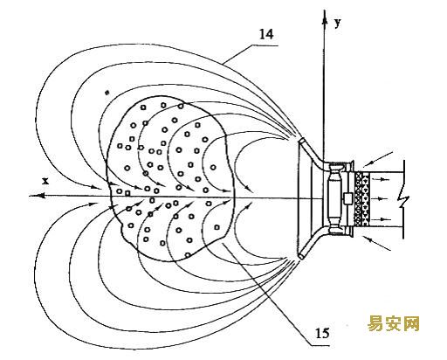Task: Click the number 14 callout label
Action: pyautogui.click(x=266, y=35)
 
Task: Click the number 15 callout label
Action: pyautogui.click(x=322, y=333)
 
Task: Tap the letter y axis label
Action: pyautogui.click(x=337, y=23)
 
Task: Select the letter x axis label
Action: pyautogui.click(x=45, y=182)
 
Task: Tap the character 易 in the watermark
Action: pyautogui.click(x=375, y=323)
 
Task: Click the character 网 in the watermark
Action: pyautogui.click(x=411, y=323)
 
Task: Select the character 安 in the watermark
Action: pyautogui.click(x=393, y=323)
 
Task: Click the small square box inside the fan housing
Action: pyautogui.click(x=347, y=198)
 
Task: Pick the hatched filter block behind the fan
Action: pyautogui.click(x=361, y=198)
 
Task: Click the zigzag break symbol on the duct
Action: pyautogui.click(x=404, y=200)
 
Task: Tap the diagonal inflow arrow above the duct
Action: pyautogui.click(x=380, y=158)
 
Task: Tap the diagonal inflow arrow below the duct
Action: pyautogui.click(x=377, y=243)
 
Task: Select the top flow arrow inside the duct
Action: pyautogui.click(x=382, y=179)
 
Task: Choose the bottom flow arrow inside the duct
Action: pyautogui.click(x=382, y=218)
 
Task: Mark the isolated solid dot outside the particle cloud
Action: pyautogui.click(x=107, y=93)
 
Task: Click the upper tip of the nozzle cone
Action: pyautogui.click(x=301, y=141)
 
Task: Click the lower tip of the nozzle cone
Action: pyautogui.click(x=301, y=256)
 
